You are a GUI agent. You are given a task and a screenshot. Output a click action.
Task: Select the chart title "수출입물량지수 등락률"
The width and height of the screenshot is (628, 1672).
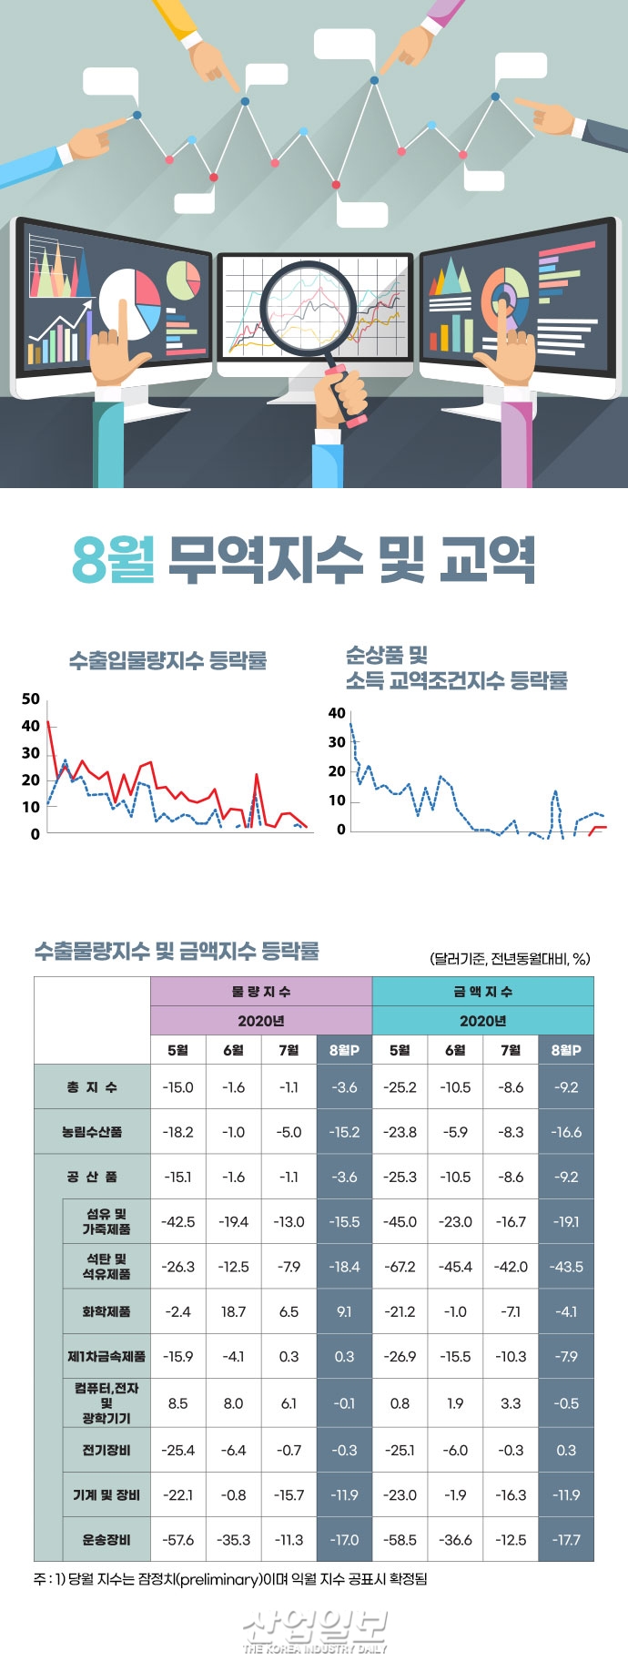(168, 660)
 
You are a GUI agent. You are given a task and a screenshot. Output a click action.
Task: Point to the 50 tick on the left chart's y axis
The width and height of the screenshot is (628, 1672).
(31, 699)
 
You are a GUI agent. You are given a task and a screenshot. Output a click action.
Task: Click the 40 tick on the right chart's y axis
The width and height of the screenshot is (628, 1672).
(337, 713)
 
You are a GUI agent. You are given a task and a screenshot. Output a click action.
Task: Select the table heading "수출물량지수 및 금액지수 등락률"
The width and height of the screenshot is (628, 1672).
(177, 951)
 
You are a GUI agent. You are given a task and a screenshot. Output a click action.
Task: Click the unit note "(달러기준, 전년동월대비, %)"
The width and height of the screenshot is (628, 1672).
(510, 958)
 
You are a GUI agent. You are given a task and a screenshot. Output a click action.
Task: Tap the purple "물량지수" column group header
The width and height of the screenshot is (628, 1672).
(261, 991)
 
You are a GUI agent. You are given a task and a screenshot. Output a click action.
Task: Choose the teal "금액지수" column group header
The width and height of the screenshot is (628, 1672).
(482, 991)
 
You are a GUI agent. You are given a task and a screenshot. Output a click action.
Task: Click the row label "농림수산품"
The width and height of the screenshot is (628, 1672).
(92, 1132)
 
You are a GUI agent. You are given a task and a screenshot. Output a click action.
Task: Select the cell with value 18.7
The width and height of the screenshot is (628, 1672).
(233, 1311)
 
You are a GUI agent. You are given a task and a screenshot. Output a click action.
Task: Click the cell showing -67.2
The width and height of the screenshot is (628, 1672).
(400, 1267)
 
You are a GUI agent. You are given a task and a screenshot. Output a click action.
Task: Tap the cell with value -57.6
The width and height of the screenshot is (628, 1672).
(177, 1540)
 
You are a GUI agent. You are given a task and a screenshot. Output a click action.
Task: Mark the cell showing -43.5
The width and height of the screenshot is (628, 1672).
(566, 1267)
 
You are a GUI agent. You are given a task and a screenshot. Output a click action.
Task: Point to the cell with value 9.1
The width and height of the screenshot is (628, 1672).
(344, 1311)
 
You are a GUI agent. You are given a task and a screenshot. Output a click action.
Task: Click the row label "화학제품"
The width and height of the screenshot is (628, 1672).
(106, 1311)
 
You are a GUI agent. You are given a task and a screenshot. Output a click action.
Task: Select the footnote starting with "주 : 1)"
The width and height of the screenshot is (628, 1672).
(230, 1579)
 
